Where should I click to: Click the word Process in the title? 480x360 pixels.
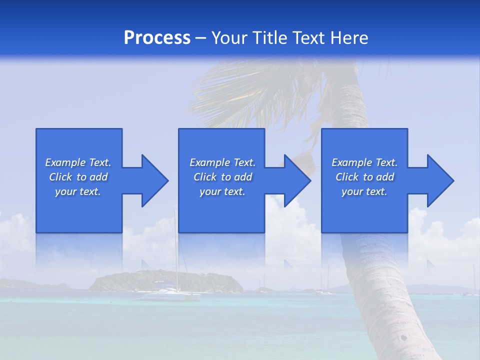[x=157, y=38]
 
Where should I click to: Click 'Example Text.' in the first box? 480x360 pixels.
[x=78, y=162]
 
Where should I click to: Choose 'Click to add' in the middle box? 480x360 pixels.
[x=222, y=177]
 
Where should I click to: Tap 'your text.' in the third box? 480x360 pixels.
[x=364, y=191]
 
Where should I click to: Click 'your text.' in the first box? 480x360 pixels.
[x=78, y=191]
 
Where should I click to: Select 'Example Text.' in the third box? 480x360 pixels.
[x=364, y=162]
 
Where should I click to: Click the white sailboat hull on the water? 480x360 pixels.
[x=167, y=297]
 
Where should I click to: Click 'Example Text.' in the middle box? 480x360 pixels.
[x=222, y=162]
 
